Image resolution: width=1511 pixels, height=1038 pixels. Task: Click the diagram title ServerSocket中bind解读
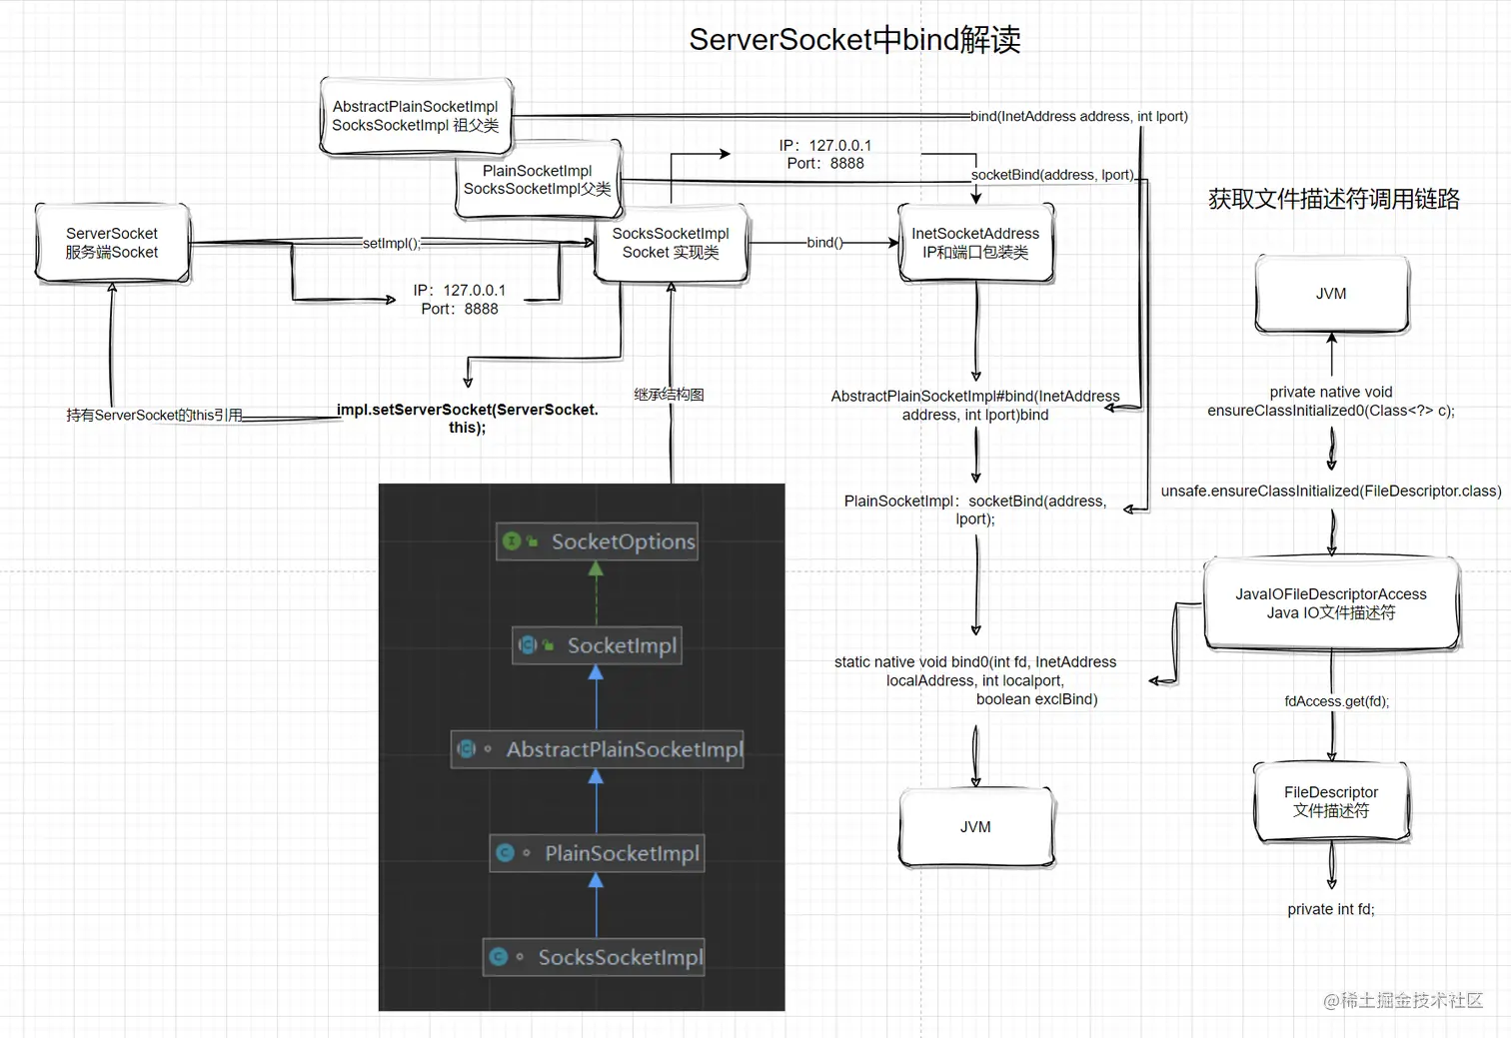pos(854,40)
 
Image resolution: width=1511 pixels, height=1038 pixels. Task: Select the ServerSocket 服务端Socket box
pos(112,243)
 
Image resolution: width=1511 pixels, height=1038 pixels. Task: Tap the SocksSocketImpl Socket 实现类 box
pos(671,243)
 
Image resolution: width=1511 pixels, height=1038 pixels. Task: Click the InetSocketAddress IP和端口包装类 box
pos(975,243)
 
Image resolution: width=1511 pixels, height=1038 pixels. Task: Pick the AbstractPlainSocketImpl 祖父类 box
pos(415,116)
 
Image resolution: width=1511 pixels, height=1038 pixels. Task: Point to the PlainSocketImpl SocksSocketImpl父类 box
pos(538,180)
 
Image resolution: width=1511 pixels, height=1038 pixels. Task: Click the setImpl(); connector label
pos(391,243)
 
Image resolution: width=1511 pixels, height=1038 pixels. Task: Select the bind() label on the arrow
pos(824,243)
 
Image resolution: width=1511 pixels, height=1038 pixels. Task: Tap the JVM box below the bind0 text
pos(975,827)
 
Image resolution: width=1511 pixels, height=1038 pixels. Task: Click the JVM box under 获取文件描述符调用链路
pos(1331,294)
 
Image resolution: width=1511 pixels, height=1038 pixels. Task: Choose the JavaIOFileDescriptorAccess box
pos(1331,603)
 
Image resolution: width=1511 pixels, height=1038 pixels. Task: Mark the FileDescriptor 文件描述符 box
pos(1331,801)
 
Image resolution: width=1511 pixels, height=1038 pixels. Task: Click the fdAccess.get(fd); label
pos(1336,701)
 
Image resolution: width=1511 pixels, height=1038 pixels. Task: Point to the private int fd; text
pos(1331,909)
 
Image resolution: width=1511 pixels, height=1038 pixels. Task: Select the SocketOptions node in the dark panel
pos(598,541)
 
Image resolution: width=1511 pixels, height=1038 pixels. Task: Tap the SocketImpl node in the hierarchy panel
pos(598,645)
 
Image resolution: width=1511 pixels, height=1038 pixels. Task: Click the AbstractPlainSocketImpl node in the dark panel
pos(598,749)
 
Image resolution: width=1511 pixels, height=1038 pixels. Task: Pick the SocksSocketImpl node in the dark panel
pos(596,957)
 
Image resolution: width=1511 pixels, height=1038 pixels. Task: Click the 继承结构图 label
pos(669,395)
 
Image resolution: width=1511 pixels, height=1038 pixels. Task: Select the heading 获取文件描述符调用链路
pos(1333,199)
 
